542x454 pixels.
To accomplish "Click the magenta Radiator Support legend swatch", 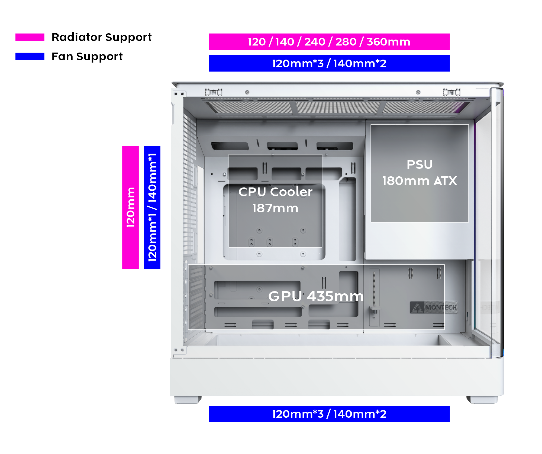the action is (x=30, y=37).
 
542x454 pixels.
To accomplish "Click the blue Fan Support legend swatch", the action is (x=30, y=56).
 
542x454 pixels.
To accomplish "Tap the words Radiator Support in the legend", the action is (x=102, y=37).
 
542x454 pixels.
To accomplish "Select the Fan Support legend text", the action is (x=87, y=57).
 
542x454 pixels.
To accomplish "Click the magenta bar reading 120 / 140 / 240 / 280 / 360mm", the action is (x=329, y=42).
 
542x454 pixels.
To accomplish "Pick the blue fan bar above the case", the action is (x=329, y=63).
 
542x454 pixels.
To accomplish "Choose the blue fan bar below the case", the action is (x=329, y=414).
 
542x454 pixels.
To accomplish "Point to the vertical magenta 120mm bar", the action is (x=130, y=207).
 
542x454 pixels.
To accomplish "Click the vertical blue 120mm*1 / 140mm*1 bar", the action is (x=152, y=207).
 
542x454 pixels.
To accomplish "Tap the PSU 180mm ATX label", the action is (x=420, y=173).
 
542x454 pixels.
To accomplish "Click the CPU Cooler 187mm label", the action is (x=275, y=200).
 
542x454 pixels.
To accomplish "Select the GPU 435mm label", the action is (x=316, y=296).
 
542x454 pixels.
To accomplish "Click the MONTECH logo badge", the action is (x=434, y=307).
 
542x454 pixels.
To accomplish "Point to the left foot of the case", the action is (x=188, y=400).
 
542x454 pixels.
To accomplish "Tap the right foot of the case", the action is (x=482, y=400).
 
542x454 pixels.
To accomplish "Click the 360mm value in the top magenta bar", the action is (x=389, y=42).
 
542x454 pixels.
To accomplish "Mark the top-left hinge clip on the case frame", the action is (x=214, y=92).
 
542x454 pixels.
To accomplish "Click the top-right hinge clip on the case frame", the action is (x=451, y=92).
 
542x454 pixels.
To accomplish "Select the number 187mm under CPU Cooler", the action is (x=275, y=208).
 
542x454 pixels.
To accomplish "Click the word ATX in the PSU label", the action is (x=445, y=181).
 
